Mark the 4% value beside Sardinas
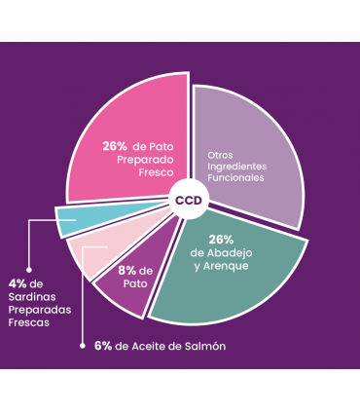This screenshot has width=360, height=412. click(x=16, y=283)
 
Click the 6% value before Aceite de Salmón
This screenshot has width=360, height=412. click(x=103, y=346)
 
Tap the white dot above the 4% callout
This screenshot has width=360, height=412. click(x=28, y=269)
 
